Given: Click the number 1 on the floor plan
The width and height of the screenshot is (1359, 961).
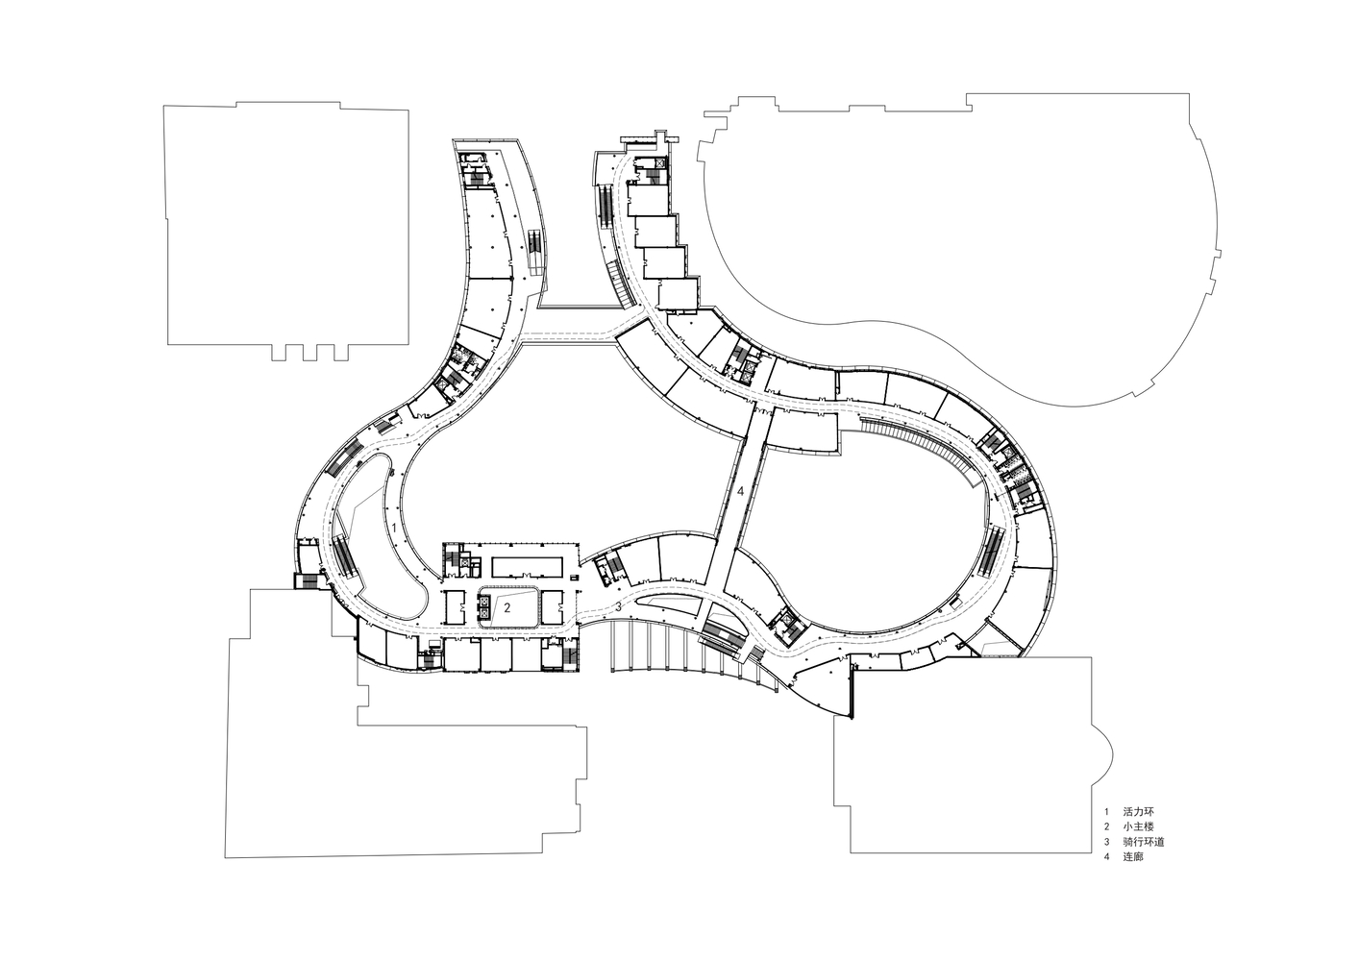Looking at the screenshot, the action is pos(394,528).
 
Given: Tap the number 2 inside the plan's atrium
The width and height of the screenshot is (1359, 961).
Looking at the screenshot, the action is pos(507,606).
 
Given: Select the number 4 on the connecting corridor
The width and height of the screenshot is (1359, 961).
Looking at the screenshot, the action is pos(740,492).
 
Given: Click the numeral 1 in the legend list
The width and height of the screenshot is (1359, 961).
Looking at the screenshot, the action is pos(1106,811).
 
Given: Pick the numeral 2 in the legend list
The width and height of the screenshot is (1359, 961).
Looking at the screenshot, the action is pos(1106,826).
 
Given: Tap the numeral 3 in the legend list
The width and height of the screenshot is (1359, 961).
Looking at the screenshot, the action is pos(1106,842).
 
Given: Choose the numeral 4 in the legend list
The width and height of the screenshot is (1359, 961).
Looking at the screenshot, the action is pos(1106,857).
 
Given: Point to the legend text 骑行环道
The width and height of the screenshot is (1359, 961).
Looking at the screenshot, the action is pos(1144,842).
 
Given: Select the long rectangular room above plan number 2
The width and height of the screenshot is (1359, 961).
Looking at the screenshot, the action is pos(528,567).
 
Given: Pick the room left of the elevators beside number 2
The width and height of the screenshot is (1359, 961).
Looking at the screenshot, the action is pos(454,606).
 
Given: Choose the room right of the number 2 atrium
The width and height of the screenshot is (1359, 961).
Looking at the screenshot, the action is pos(553,606).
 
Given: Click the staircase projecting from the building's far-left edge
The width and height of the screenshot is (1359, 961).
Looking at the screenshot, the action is pos(307,580).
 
